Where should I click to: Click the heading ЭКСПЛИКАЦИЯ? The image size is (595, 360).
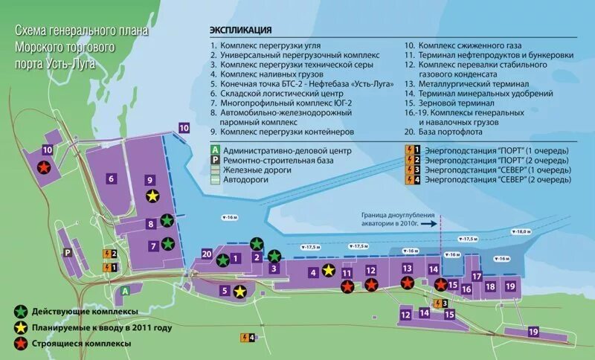click(x=240, y=30)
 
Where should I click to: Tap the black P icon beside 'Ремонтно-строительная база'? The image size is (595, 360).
click(x=214, y=160)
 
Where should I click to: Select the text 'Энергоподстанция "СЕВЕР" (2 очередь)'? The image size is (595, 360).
click(x=498, y=179)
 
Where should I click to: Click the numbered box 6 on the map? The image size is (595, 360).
click(x=110, y=178)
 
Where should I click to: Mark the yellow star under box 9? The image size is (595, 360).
click(x=152, y=196)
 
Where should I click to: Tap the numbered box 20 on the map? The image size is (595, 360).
click(x=207, y=253)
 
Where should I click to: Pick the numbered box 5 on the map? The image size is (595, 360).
click(x=224, y=291)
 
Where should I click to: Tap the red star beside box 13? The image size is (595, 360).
click(x=407, y=283)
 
